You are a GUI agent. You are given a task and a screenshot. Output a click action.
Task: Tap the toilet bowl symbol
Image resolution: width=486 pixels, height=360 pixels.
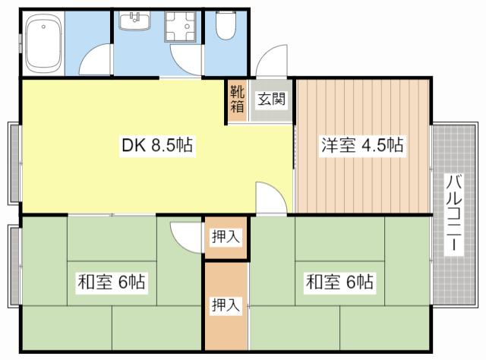[x=226, y=27]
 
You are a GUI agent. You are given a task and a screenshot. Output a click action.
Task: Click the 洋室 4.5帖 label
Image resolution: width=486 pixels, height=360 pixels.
[x=361, y=145]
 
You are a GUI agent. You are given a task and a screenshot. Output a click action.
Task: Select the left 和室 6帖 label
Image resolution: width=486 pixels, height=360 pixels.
[x=112, y=283]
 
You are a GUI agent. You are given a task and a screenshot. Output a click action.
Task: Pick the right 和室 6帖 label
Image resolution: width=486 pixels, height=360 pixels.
[x=339, y=283]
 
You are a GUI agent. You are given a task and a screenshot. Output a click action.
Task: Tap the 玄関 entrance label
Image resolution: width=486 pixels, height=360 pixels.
[x=271, y=99]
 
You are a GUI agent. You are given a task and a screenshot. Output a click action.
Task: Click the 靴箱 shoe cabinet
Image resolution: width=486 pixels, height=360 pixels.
[x=237, y=99]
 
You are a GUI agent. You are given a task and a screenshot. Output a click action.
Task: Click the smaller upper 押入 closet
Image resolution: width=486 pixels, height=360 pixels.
[x=226, y=237]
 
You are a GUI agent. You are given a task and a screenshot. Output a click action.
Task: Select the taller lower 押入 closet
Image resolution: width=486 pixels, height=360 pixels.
[x=226, y=305]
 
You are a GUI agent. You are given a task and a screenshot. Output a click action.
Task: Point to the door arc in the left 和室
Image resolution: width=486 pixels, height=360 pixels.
[x=185, y=234]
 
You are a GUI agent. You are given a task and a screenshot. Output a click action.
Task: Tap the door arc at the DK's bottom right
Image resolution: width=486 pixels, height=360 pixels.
[x=270, y=198]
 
